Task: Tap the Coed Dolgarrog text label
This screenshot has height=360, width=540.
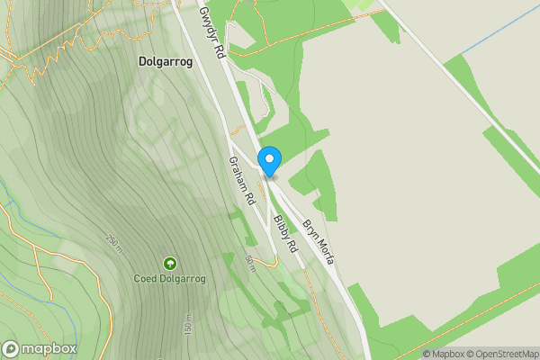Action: click(170, 279)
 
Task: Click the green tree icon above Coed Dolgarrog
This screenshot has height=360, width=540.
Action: click(170, 263)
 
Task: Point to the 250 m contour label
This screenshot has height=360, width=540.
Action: click(112, 241)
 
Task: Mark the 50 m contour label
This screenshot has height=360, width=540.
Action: click(251, 264)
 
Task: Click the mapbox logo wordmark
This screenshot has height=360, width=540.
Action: click(49, 349)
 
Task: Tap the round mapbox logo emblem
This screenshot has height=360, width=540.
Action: click(11, 349)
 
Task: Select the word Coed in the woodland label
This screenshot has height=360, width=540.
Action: click(147, 279)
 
